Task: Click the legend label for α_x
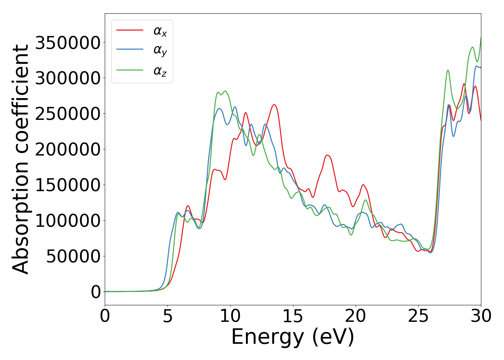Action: [x=160, y=31]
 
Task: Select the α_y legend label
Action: [x=160, y=50]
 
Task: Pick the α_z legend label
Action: [x=160, y=71]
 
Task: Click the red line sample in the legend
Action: [x=130, y=30]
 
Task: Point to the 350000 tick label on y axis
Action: [x=68, y=43]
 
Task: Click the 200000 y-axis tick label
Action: [x=68, y=149]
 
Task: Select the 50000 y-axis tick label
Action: [x=73, y=256]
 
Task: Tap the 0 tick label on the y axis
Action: [x=96, y=292]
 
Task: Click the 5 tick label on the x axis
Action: [x=168, y=316]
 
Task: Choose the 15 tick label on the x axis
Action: [x=293, y=316]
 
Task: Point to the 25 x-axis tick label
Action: [x=418, y=316]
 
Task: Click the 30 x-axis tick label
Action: [x=481, y=316]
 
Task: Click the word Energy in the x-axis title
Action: [x=267, y=337]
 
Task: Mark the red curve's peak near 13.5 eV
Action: [x=274, y=105]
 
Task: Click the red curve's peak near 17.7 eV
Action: [x=327, y=155]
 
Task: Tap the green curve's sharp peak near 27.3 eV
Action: [x=448, y=70]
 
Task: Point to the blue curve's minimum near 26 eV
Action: [x=430, y=252]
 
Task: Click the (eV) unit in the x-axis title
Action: [x=333, y=337]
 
